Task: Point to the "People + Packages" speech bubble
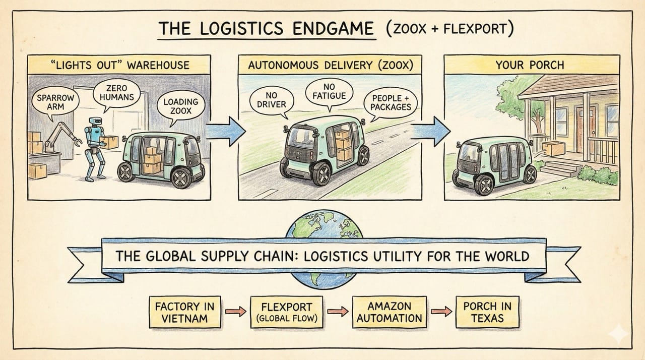pyautogui.click(x=391, y=102)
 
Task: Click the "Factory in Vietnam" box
pyautogui.click(x=185, y=312)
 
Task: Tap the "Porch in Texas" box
pyautogui.click(x=487, y=312)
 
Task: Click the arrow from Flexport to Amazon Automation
pyautogui.click(x=341, y=312)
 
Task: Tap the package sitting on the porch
pyautogui.click(x=553, y=148)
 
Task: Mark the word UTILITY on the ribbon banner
pyautogui.click(x=394, y=256)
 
